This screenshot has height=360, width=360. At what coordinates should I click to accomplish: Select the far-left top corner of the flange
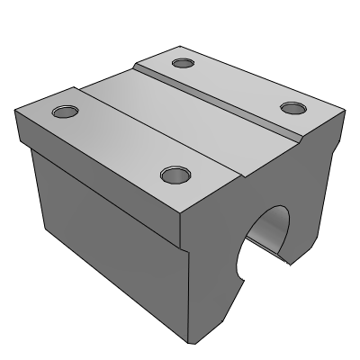coord(15,109)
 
